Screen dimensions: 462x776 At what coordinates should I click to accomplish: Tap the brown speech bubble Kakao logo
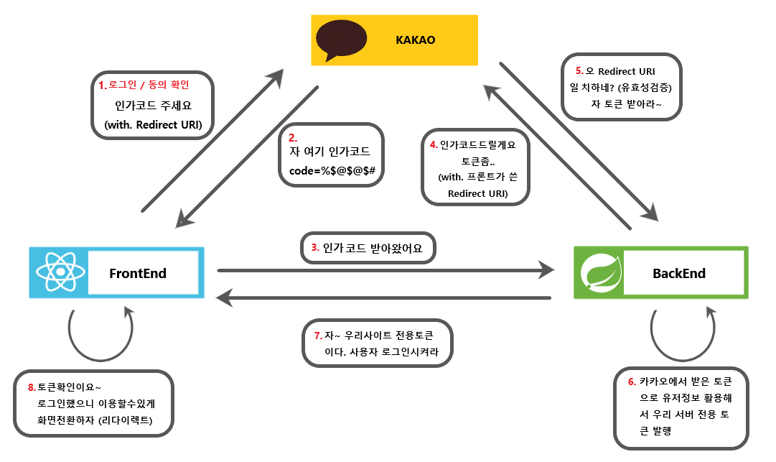tap(341, 37)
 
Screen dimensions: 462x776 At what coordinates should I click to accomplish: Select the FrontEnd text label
tap(138, 273)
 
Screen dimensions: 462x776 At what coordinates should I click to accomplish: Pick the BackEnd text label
tap(678, 273)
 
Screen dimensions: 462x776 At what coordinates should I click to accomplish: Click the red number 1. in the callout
tap(102, 86)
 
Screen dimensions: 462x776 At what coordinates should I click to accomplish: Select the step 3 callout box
tap(367, 248)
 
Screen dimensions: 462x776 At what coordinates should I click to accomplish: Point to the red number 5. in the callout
tap(579, 71)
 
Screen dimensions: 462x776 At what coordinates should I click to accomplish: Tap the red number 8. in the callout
tap(31, 387)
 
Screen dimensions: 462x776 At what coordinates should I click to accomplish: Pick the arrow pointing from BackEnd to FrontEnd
tap(384, 297)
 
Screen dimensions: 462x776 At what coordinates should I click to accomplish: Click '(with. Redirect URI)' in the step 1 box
tap(153, 124)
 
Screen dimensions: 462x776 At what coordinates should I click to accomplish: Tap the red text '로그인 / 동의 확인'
tap(149, 86)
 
